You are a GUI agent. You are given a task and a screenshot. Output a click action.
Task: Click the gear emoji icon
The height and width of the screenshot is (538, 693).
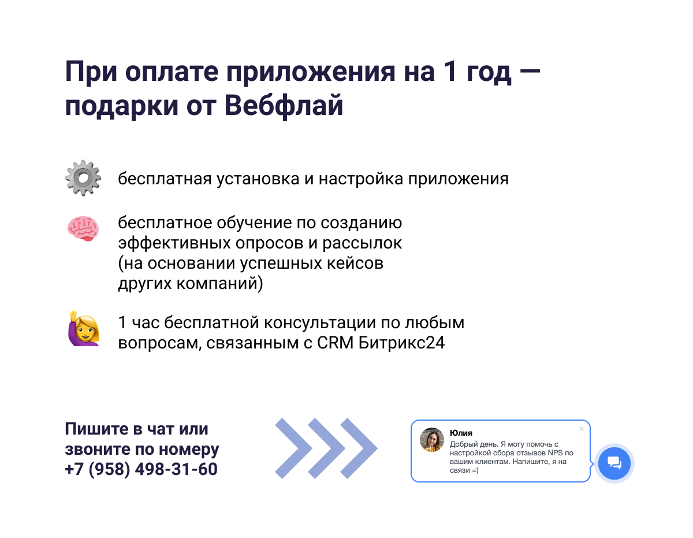[x=83, y=178]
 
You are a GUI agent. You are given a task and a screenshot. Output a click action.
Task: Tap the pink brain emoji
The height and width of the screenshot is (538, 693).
[x=83, y=228]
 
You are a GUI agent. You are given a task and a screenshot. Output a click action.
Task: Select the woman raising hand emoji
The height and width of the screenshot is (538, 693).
[x=84, y=329]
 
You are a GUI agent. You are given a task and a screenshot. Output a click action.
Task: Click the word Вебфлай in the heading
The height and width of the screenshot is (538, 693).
[x=284, y=105]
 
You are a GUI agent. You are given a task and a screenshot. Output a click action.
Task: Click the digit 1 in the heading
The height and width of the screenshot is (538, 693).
[x=450, y=71]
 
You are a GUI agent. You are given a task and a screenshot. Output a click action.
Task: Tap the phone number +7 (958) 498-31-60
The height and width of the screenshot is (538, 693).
[x=141, y=469]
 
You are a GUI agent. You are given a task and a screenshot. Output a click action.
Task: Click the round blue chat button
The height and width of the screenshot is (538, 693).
[x=614, y=463]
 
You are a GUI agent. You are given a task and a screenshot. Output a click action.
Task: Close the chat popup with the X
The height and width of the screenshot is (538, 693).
[x=581, y=429]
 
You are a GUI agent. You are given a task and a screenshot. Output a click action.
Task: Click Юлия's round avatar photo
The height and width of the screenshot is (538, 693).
[x=431, y=440]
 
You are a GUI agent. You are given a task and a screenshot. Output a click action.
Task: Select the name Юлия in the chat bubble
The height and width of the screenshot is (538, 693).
[x=461, y=433]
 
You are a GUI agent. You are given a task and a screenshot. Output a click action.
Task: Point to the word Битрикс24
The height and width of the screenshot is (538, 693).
[x=401, y=343]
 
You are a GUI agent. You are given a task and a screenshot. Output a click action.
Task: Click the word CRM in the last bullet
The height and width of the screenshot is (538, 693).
[x=335, y=343]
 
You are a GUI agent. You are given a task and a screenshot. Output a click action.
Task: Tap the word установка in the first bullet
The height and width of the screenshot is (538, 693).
[x=258, y=179]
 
